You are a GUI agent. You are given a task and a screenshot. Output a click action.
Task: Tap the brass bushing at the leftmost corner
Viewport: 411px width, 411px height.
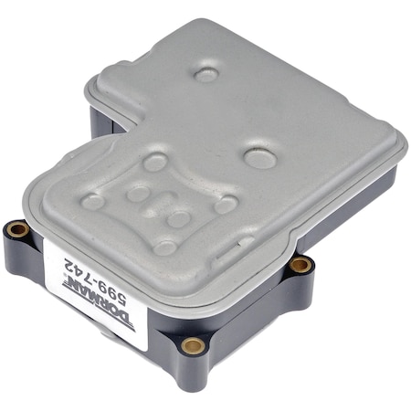coord(16,228)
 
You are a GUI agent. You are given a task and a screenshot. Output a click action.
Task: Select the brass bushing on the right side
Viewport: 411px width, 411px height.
coord(300,265)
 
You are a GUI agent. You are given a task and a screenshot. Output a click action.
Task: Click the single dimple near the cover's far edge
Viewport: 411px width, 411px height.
coord(207,74)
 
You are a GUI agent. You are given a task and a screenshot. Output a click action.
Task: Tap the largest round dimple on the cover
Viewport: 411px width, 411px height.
coord(260,157)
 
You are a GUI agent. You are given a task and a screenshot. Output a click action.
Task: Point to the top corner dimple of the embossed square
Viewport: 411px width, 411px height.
coord(155,162)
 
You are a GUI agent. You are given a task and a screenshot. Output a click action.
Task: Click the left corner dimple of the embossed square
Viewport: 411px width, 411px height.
coord(93,201)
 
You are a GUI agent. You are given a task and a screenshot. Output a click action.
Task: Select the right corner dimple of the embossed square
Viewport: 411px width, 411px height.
coord(226,204)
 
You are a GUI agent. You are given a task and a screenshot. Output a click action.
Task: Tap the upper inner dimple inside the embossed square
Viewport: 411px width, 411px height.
coord(138,193)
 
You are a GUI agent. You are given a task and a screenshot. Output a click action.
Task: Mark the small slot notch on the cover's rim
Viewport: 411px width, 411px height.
coord(245,244)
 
